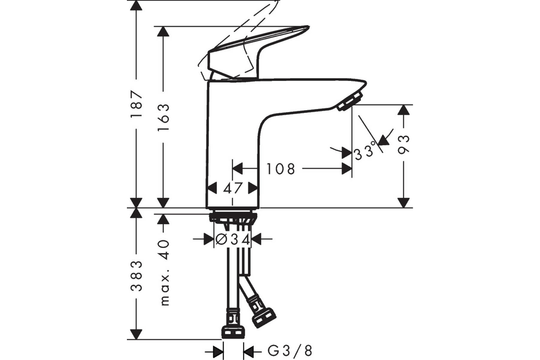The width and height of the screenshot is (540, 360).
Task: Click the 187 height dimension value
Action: coord(136,104)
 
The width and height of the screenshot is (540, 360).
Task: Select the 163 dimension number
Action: coord(163,117)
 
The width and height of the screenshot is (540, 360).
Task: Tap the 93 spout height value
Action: coord(404,145)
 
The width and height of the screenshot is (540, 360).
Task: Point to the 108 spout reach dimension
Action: coord(281,169)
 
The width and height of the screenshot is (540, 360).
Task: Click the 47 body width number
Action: coord(232,188)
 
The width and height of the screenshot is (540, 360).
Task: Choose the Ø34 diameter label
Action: coord(233,240)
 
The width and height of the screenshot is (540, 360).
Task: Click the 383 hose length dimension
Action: coord(136,276)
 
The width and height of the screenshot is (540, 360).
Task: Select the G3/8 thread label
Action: coord(290,351)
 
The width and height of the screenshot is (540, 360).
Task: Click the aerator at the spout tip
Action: coord(350,101)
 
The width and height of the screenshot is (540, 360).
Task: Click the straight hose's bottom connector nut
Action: coord(234,332)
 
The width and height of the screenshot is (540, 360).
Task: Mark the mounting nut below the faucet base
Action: coord(233,218)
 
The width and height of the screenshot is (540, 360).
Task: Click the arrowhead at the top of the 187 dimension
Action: coord(136,5)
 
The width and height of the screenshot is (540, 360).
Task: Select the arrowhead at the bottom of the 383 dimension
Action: coord(136,334)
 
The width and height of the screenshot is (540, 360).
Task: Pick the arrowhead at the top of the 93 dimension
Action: coord(404,110)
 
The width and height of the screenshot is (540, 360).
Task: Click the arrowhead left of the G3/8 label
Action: coord(218,352)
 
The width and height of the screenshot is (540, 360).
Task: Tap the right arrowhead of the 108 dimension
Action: coord(347,169)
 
